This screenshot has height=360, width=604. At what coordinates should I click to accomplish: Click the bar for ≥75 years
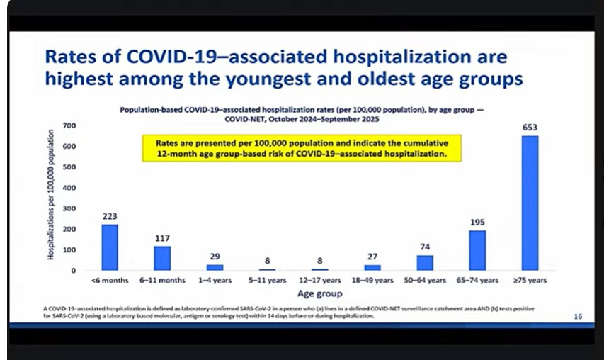tap(530, 203)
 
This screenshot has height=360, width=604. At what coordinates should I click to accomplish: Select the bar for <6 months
tap(110, 247)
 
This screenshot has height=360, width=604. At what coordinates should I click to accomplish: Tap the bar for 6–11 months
tap(163, 258)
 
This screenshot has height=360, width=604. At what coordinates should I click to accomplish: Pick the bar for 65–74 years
tap(477, 250)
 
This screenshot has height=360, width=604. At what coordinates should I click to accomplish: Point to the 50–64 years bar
tap(425, 263)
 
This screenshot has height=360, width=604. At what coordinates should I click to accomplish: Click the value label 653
tap(530, 128)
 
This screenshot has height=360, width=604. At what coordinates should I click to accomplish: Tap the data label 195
tap(477, 223)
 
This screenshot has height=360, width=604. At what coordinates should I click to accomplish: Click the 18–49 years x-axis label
tap(372, 281)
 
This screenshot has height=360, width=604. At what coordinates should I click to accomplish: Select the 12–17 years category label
tap(320, 281)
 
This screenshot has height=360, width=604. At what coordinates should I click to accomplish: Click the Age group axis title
tap(319, 293)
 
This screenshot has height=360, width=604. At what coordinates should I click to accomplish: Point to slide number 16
tap(578, 317)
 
